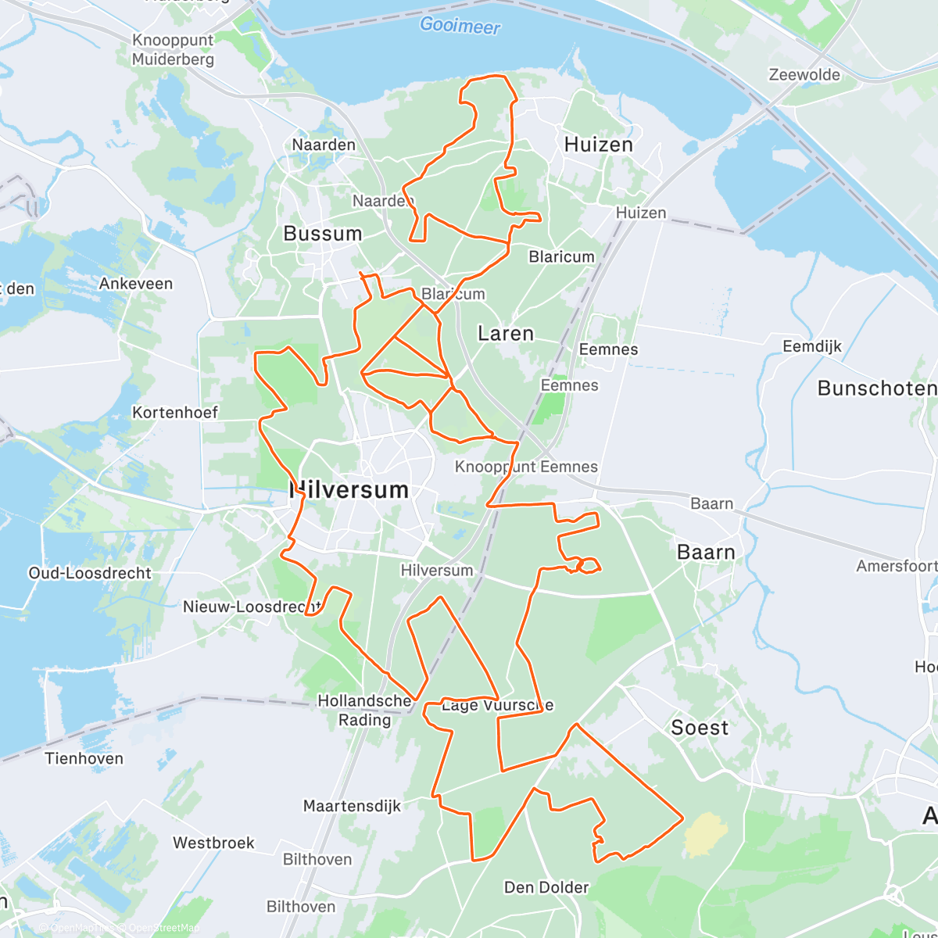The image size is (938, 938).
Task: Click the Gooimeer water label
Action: pos(460,26)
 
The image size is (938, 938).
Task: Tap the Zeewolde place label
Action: pos(804,75)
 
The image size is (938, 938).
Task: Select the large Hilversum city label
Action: pos(349,490)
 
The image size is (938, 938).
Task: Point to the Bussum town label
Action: pos(323,234)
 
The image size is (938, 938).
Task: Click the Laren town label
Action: pos(506,334)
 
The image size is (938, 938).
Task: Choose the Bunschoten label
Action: pos(876,388)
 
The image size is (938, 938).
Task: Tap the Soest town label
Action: pos(700,728)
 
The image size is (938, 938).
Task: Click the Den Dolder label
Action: pos(546,887)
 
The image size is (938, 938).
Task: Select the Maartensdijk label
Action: pos(352,806)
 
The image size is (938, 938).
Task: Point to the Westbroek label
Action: pos(213,843)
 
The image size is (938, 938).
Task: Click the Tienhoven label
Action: pos(84,758)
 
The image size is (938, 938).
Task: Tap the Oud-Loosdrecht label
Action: pos(90,573)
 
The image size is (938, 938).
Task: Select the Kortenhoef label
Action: pos(175,412)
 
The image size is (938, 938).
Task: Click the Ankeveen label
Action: pos(136,284)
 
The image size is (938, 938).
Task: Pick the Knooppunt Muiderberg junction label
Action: pos(173,49)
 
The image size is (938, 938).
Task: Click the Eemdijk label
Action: pos(812,346)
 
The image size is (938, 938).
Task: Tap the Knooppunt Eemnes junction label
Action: pos(526,467)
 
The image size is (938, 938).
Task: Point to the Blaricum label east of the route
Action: pos(561,256)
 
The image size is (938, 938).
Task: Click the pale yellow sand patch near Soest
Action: pos(705,834)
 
